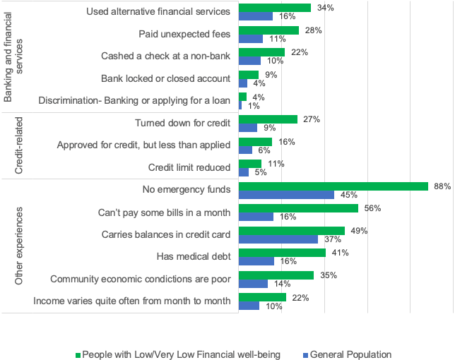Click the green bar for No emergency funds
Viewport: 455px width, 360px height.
tap(333, 186)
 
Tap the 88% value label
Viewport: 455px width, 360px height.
tap(442, 186)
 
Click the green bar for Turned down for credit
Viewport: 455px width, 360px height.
tap(268, 119)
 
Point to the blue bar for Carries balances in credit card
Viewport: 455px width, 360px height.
tap(278, 239)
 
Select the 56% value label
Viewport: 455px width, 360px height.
tap(372, 208)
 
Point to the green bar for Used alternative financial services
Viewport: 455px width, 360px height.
tap(275, 8)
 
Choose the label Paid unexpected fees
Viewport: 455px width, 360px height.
tap(184, 34)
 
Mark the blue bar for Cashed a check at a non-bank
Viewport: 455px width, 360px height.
tap(249, 61)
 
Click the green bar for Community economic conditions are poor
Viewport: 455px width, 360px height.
tap(276, 275)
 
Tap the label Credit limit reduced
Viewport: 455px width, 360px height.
tap(189, 167)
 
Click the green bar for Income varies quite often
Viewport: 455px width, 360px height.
tap(262, 297)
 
